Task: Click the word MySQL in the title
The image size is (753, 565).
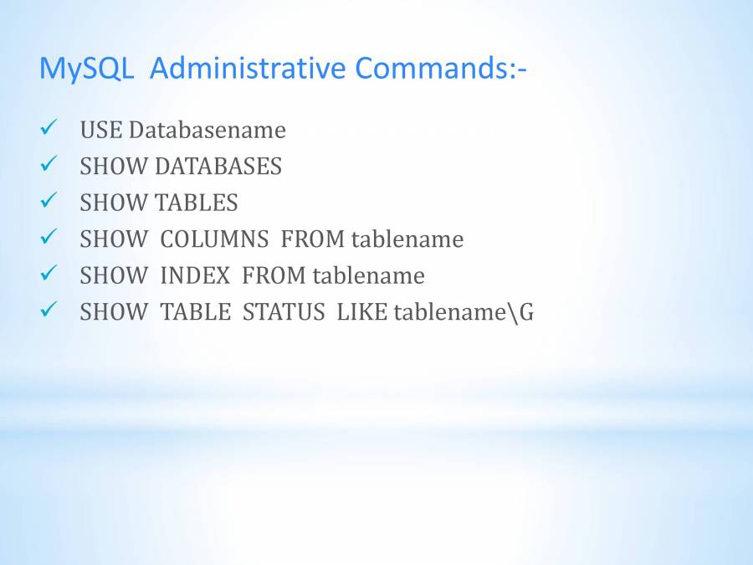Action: pyautogui.click(x=86, y=69)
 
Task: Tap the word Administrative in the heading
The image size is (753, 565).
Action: pyautogui.click(x=248, y=68)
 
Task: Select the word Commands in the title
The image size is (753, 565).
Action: pyautogui.click(x=432, y=68)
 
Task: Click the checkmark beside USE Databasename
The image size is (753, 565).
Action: pyautogui.click(x=49, y=127)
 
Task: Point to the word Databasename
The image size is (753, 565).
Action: pyautogui.click(x=207, y=130)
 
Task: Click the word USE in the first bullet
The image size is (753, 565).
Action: pyautogui.click(x=101, y=130)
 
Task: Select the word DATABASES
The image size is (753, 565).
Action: pyautogui.click(x=218, y=167)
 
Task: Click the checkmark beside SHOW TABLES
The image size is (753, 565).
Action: pyautogui.click(x=49, y=200)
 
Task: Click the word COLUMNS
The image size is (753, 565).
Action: pyautogui.click(x=214, y=239)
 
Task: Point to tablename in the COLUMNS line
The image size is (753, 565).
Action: pyautogui.click(x=407, y=239)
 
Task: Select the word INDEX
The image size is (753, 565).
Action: pyautogui.click(x=195, y=275)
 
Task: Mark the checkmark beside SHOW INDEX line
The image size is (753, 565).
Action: pyautogui.click(x=49, y=273)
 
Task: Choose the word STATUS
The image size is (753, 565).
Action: pyautogui.click(x=284, y=312)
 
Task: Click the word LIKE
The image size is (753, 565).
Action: pyautogui.click(x=362, y=312)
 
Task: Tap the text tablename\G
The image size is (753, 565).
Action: pyautogui.click(x=464, y=313)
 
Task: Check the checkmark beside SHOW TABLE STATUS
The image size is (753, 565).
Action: pyautogui.click(x=49, y=310)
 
